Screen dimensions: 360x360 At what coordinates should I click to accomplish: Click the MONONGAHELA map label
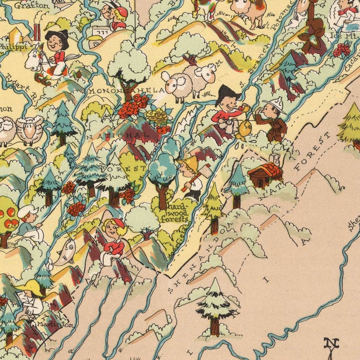127,91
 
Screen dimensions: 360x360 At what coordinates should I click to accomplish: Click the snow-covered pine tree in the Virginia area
215,306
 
